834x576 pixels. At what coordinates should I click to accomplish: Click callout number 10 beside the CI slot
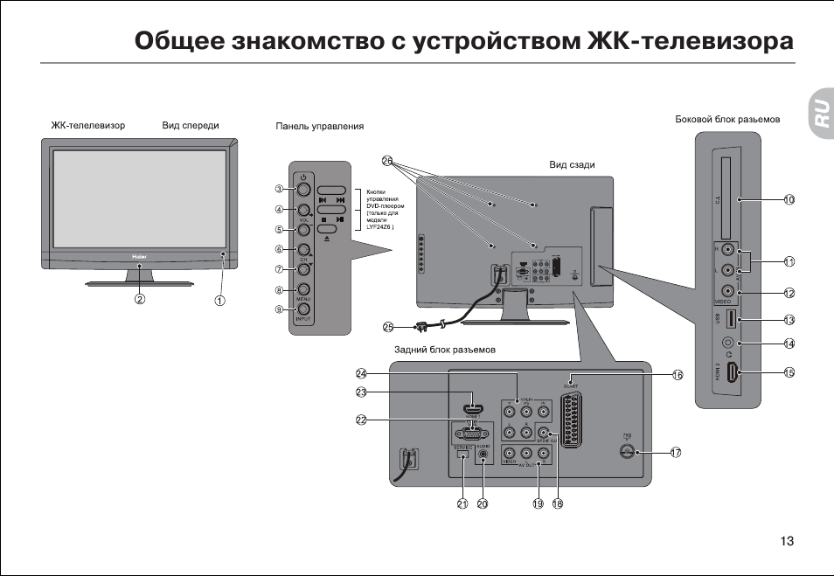click(789, 200)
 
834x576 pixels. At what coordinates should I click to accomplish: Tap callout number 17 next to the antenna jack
click(676, 452)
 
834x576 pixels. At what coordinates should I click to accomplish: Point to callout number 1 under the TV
click(221, 300)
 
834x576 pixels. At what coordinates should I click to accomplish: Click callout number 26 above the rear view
click(387, 161)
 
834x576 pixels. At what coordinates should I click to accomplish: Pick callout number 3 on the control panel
click(279, 189)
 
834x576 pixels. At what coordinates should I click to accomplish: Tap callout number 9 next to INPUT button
click(279, 309)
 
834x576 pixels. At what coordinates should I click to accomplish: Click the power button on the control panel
click(302, 188)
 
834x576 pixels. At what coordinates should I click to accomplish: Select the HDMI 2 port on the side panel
click(736, 373)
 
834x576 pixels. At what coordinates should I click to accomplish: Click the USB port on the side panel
click(733, 319)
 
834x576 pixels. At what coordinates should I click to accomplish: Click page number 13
click(787, 541)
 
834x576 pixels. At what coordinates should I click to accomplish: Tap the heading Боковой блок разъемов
click(727, 119)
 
